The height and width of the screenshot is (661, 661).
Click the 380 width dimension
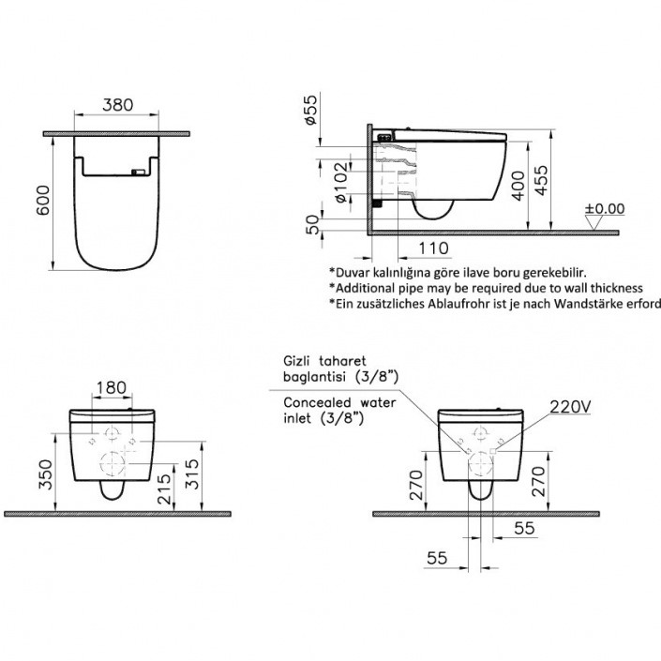[117, 105]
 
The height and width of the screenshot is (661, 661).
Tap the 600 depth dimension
[43, 201]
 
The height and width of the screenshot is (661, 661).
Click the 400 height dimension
[518, 186]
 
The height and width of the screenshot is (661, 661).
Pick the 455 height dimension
[542, 180]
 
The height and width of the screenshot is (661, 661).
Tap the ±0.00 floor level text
[605, 209]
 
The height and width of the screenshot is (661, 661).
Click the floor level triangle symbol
[594, 222]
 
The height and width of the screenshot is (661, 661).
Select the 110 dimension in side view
[433, 248]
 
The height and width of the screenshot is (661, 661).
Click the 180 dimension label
[112, 387]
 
